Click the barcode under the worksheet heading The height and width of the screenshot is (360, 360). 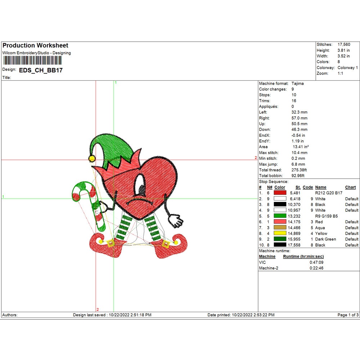click(x=32, y=60)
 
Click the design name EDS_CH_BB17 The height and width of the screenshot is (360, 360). click(x=41, y=70)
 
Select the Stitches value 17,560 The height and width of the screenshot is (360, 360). click(x=344, y=45)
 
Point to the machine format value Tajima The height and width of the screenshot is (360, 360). click(x=298, y=84)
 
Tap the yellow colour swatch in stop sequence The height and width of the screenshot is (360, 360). click(x=280, y=233)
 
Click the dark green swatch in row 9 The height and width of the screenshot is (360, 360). click(x=280, y=239)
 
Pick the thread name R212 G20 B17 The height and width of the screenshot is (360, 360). click(x=329, y=193)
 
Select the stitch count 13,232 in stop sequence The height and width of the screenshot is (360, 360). click(x=294, y=216)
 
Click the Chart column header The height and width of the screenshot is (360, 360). click(x=350, y=187)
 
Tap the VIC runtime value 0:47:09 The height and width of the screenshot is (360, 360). click(x=316, y=262)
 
